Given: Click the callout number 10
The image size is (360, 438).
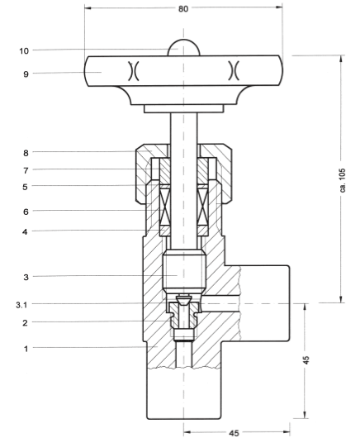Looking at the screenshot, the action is click(24, 51).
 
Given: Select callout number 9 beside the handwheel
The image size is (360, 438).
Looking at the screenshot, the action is click(26, 74).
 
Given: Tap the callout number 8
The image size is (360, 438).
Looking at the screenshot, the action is click(26, 153).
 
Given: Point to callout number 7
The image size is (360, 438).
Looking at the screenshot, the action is click(26, 170).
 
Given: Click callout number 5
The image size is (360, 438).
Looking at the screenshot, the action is click(25, 187).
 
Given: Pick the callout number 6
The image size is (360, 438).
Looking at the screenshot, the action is click(26, 212).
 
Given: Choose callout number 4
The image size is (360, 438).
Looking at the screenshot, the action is click(25, 231).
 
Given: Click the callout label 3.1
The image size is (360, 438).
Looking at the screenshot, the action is click(21, 305).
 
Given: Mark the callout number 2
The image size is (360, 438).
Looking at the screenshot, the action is click(25, 323).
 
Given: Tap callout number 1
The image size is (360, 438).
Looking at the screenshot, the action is click(26, 349).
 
